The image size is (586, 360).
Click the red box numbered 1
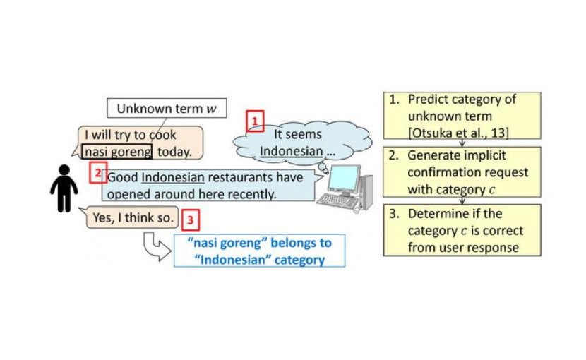click(254, 121)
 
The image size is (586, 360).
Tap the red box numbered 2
click(98, 172)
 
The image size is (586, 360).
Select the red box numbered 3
click(190, 220)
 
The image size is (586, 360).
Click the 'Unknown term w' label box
click(167, 109)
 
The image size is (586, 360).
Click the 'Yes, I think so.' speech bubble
click(133, 217)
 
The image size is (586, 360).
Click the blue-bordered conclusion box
click(260, 251)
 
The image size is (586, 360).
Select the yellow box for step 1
click(461, 115)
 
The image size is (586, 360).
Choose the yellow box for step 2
click(461, 172)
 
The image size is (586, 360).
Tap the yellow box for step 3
click(461, 230)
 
